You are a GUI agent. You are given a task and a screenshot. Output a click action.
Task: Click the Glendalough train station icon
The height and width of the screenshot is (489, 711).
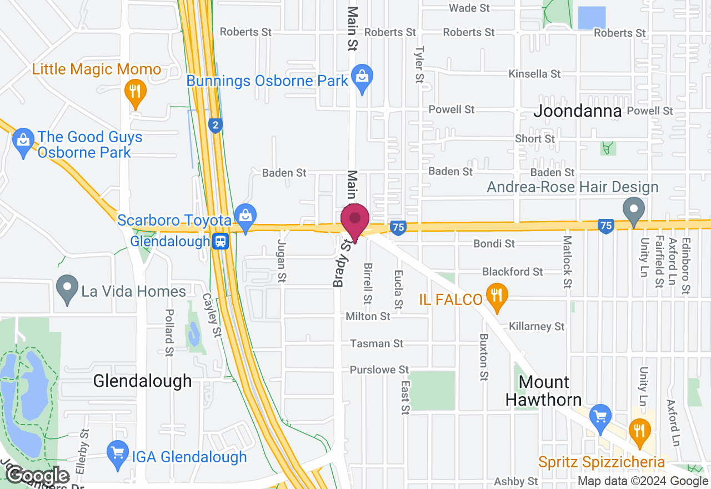coord(221,241)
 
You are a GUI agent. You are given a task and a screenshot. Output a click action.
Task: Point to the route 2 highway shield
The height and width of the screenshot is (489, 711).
coord(216,126)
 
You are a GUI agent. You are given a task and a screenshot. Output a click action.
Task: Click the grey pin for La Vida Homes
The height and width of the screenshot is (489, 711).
coord(68,289)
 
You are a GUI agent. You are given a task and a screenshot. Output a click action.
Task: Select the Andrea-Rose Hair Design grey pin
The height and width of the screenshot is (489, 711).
coord(633,211)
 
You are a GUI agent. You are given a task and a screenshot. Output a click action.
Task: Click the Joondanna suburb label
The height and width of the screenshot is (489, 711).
coord(577,111)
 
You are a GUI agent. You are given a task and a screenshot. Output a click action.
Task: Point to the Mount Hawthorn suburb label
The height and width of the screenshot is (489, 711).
coord(544,391)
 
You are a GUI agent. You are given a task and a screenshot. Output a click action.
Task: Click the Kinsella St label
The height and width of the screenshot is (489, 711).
coord(535,74)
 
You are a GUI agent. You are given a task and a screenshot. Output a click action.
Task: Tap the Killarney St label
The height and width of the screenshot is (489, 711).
coord(537,326)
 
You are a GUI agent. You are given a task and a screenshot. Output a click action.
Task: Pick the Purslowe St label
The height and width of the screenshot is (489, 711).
coord(379,370)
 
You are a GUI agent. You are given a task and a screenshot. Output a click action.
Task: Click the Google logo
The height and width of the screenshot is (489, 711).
coord(38,476)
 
